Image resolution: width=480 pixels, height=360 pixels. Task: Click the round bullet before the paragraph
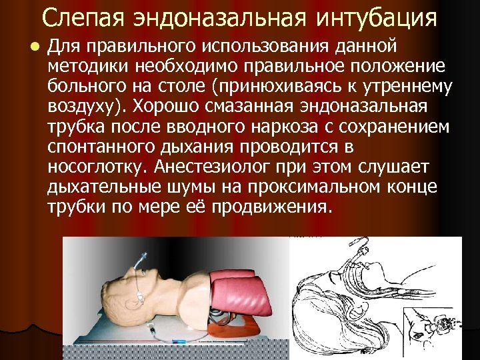31,47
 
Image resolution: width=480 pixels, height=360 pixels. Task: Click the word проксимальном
304,185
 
